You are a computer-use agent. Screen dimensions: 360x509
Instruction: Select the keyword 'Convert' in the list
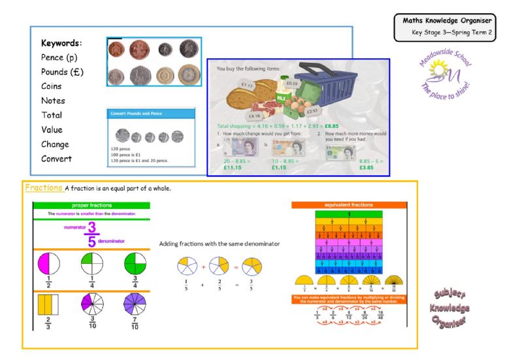pyautogui.click(x=57, y=158)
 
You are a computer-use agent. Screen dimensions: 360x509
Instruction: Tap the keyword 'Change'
pyautogui.click(x=56, y=144)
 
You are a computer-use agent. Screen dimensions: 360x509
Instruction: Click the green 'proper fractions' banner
pyautogui.click(x=91, y=205)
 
